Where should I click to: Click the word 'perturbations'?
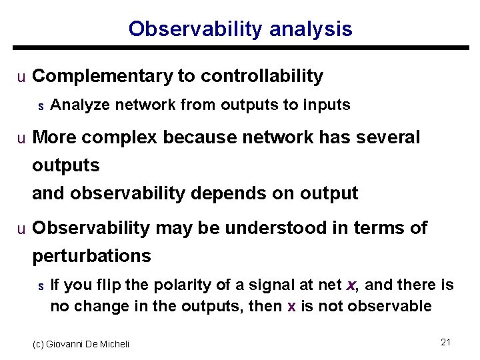(x=91, y=256)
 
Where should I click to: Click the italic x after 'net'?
(x=352, y=285)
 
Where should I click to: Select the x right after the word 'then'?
(x=291, y=307)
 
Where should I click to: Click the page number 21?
(x=446, y=342)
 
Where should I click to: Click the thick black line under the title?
(x=240, y=48)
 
